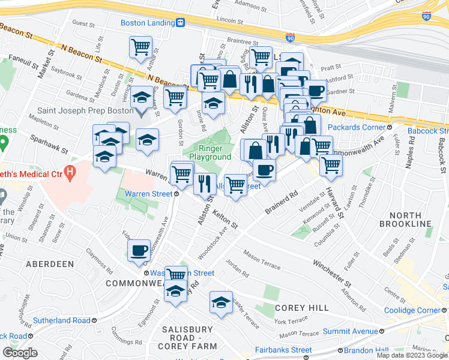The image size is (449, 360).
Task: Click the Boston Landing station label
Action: pyautogui.click(x=146, y=23)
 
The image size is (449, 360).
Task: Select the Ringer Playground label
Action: pyautogui.click(x=210, y=152)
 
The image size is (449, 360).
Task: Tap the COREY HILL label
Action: pyautogui.click(x=301, y=308)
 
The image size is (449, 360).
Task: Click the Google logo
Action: pyautogui.click(x=20, y=352)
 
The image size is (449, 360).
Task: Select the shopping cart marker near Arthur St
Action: pyautogui.click(x=140, y=46)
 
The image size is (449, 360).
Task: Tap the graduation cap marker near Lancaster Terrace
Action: pyautogui.click(x=221, y=302)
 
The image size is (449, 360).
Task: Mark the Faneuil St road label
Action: pyautogui.click(x=23, y=62)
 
